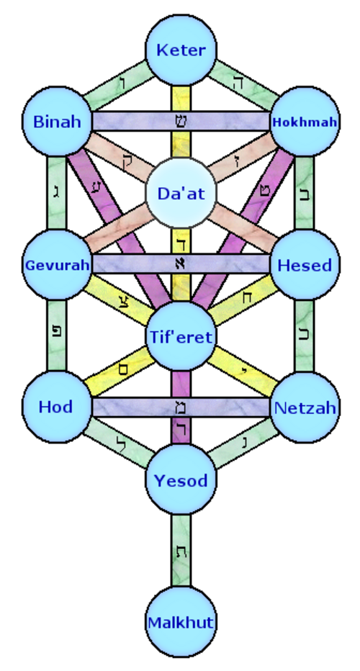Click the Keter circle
point(181,50)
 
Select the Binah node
point(57,122)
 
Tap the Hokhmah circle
point(305,122)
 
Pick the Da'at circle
point(181,193)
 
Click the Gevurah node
point(57,264)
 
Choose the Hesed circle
point(305,264)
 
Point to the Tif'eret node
point(181,336)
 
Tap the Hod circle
point(57,407)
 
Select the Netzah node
point(305,407)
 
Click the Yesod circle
point(181,479)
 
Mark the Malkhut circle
point(181,622)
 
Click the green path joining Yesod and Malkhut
point(181,551)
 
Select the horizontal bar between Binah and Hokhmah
point(181,122)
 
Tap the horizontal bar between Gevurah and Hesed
point(181,264)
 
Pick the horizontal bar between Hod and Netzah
point(181,407)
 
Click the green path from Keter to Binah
point(119,85)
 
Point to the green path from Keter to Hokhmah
point(243,85)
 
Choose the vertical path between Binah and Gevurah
point(57,193)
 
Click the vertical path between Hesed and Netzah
point(305,336)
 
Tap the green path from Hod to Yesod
point(119,443)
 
